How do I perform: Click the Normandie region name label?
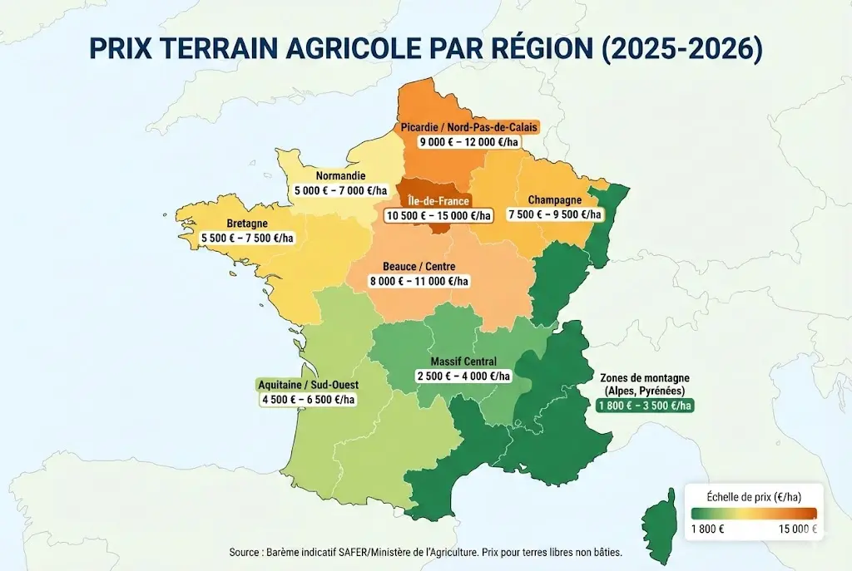coord(340,176)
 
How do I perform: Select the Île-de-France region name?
coord(438,200)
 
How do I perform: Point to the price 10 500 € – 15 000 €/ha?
coord(438,215)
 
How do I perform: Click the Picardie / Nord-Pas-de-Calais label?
coord(469,127)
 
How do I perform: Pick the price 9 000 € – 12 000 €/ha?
coord(469,142)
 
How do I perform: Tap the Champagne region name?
coord(554,200)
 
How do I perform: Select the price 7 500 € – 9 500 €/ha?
coord(554,214)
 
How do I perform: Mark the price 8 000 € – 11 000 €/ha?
coord(419,281)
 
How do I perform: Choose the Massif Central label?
coord(463,362)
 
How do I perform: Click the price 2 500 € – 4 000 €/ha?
coord(463,376)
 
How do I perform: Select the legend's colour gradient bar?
coord(752,513)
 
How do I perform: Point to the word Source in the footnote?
coord(246,553)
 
